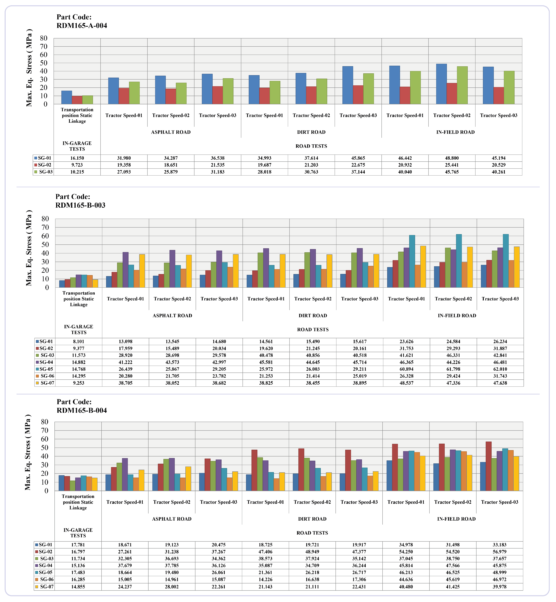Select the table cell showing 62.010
tap(500, 369)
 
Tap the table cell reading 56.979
tap(499, 552)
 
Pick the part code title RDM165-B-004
tap(82, 406)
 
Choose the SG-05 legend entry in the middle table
tap(44, 369)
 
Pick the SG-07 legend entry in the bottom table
tap(44, 587)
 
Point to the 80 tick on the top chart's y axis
tap(44, 38)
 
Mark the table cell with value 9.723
tap(77, 165)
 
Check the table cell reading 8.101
tap(78, 341)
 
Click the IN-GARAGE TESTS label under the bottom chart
tap(78, 533)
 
